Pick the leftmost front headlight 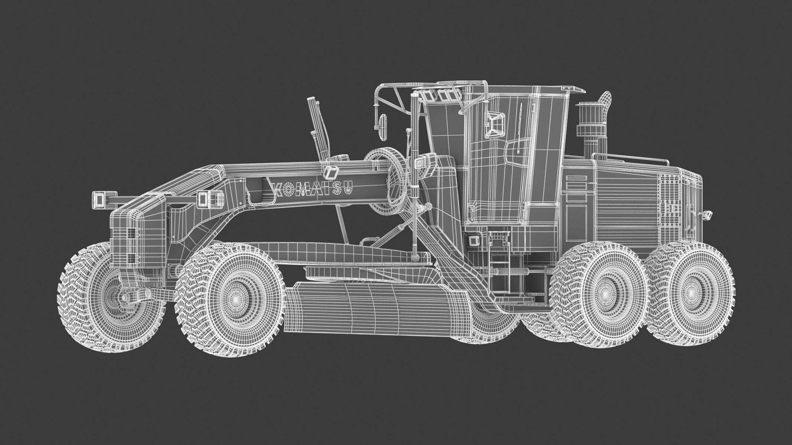pyautogui.click(x=100, y=199)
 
